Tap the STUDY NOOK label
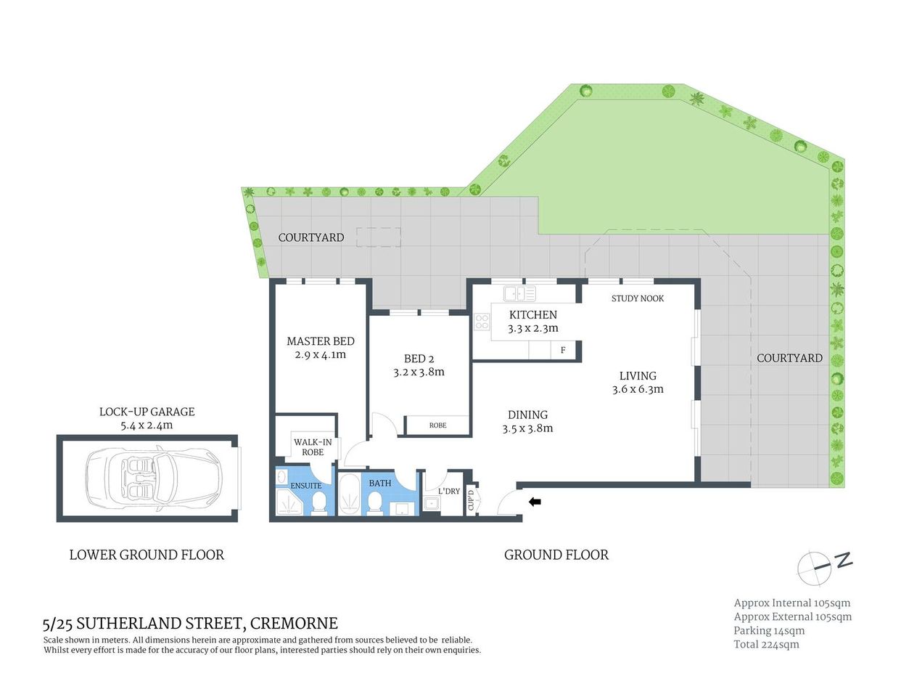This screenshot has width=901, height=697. click(x=637, y=298)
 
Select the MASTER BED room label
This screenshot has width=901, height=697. click(x=320, y=341)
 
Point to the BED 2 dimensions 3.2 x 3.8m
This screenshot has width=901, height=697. click(x=419, y=372)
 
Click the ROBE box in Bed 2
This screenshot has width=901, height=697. click(x=437, y=425)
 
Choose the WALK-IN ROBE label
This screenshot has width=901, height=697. click(x=313, y=447)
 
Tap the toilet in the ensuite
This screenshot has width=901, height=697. click(x=318, y=502)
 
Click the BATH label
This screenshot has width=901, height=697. click(x=379, y=484)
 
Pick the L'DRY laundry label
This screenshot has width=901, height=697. click(x=449, y=492)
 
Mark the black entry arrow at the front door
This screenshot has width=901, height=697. click(x=535, y=501)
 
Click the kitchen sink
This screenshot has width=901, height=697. click(x=519, y=293)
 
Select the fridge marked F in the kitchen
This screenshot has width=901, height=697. click(x=563, y=351)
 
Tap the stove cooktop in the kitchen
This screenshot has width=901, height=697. click(x=482, y=322)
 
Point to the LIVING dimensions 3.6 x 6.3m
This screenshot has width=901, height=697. click(x=638, y=390)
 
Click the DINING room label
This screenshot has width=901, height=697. click(x=527, y=415)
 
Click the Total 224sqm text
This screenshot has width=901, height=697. click(x=766, y=645)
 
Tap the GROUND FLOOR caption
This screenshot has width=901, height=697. click(x=556, y=555)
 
